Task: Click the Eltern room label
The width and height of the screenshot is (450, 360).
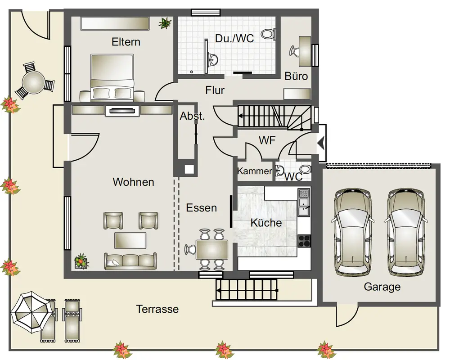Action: [126, 42]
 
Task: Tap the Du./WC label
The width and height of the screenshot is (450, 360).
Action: [234, 38]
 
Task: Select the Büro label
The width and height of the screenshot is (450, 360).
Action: [297, 76]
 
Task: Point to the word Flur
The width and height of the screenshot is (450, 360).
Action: [215, 90]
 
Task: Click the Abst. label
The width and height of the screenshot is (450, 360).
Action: [192, 116]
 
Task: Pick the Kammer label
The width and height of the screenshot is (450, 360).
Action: [255, 171]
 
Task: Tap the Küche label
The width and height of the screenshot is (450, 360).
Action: [266, 222]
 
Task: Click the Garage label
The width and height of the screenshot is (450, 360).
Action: [382, 287]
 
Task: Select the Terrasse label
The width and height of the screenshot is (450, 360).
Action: [157, 309]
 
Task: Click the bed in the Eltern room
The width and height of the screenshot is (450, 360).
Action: [112, 76]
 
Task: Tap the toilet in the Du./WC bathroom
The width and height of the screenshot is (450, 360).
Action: [269, 34]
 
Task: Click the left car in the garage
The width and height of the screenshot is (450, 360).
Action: [354, 232]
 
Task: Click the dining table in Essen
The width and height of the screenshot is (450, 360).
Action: [212, 249]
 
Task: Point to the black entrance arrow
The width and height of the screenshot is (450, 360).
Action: [321, 143]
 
